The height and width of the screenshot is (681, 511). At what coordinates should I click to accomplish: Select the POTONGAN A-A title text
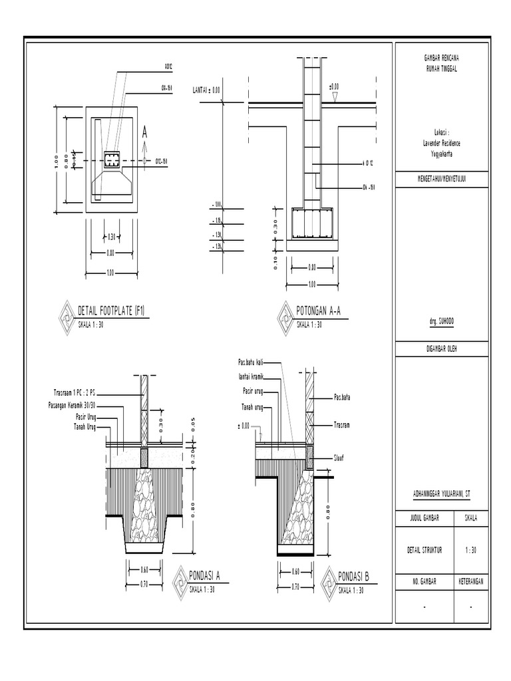(319, 311)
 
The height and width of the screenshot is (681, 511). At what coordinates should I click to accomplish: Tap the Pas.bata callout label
(342, 398)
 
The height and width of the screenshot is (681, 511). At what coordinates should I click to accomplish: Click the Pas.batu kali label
(251, 362)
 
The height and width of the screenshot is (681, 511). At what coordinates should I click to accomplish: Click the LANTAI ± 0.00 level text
(206, 89)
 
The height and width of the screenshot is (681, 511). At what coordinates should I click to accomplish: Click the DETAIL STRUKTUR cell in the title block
(425, 550)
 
